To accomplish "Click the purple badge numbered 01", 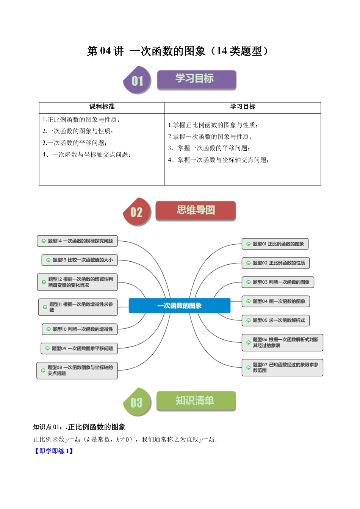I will coord(137,80).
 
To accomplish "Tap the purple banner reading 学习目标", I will coord(196,79).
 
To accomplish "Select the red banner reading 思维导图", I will coord(196,211).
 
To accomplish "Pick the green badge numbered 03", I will coord(137,402).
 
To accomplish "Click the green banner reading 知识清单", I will coord(196,401).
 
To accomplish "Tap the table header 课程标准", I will coord(102,107).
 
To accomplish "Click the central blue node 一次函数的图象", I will coord(179,306).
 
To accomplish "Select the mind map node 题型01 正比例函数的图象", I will coord(275,244).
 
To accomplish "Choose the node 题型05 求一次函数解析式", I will coord(275,320).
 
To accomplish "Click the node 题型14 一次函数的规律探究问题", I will coord(77,241).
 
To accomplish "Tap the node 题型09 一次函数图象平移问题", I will coord(79,348).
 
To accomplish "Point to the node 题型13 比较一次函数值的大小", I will coord(80,260).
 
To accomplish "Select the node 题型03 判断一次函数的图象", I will coord(278,282).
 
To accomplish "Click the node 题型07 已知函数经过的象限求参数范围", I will coord(282,367).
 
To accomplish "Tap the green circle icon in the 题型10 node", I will coord(49,329).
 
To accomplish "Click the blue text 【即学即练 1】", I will coord(53,451).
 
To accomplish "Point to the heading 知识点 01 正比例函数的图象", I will coord(79,427).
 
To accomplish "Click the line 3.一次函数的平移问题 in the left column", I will coord(75,143).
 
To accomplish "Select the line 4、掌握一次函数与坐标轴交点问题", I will coord(218,160).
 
